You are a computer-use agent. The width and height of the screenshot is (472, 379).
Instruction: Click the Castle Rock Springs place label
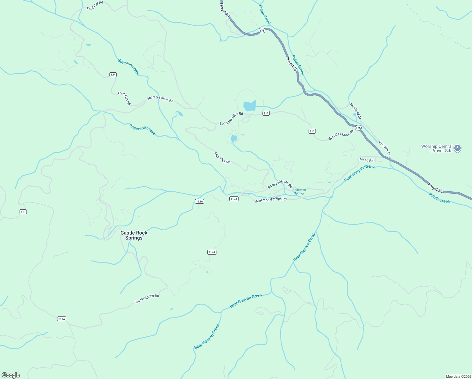click(134, 235)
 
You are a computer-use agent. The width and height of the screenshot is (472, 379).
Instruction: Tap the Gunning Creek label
click(128, 67)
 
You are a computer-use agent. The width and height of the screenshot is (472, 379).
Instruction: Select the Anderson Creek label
click(142, 129)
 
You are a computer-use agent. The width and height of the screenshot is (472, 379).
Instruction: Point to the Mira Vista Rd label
click(222, 158)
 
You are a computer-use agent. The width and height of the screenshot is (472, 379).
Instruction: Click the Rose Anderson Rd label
click(280, 184)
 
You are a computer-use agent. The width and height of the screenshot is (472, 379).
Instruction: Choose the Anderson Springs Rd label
click(271, 200)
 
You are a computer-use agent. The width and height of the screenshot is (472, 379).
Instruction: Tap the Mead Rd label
click(366, 160)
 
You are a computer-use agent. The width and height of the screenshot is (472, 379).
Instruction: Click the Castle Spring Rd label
click(147, 299)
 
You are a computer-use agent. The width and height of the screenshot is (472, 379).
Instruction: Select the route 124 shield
click(113, 75)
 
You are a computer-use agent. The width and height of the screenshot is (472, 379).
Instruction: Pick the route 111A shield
click(62, 319)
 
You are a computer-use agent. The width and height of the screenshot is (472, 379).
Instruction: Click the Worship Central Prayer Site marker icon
click(458, 148)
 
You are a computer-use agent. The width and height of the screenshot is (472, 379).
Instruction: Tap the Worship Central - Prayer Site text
click(437, 148)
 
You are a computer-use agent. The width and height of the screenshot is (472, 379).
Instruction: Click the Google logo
click(11, 375)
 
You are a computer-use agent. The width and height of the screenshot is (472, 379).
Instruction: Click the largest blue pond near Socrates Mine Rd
click(249, 106)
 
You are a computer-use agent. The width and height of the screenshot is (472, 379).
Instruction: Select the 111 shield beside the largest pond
click(266, 113)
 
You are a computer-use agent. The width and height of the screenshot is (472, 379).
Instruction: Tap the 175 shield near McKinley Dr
click(358, 128)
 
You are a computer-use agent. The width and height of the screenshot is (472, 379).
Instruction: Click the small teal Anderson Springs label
click(299, 192)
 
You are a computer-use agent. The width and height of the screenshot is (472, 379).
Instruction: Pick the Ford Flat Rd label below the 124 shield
click(124, 98)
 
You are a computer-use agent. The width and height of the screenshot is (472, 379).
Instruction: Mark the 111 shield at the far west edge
click(23, 212)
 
